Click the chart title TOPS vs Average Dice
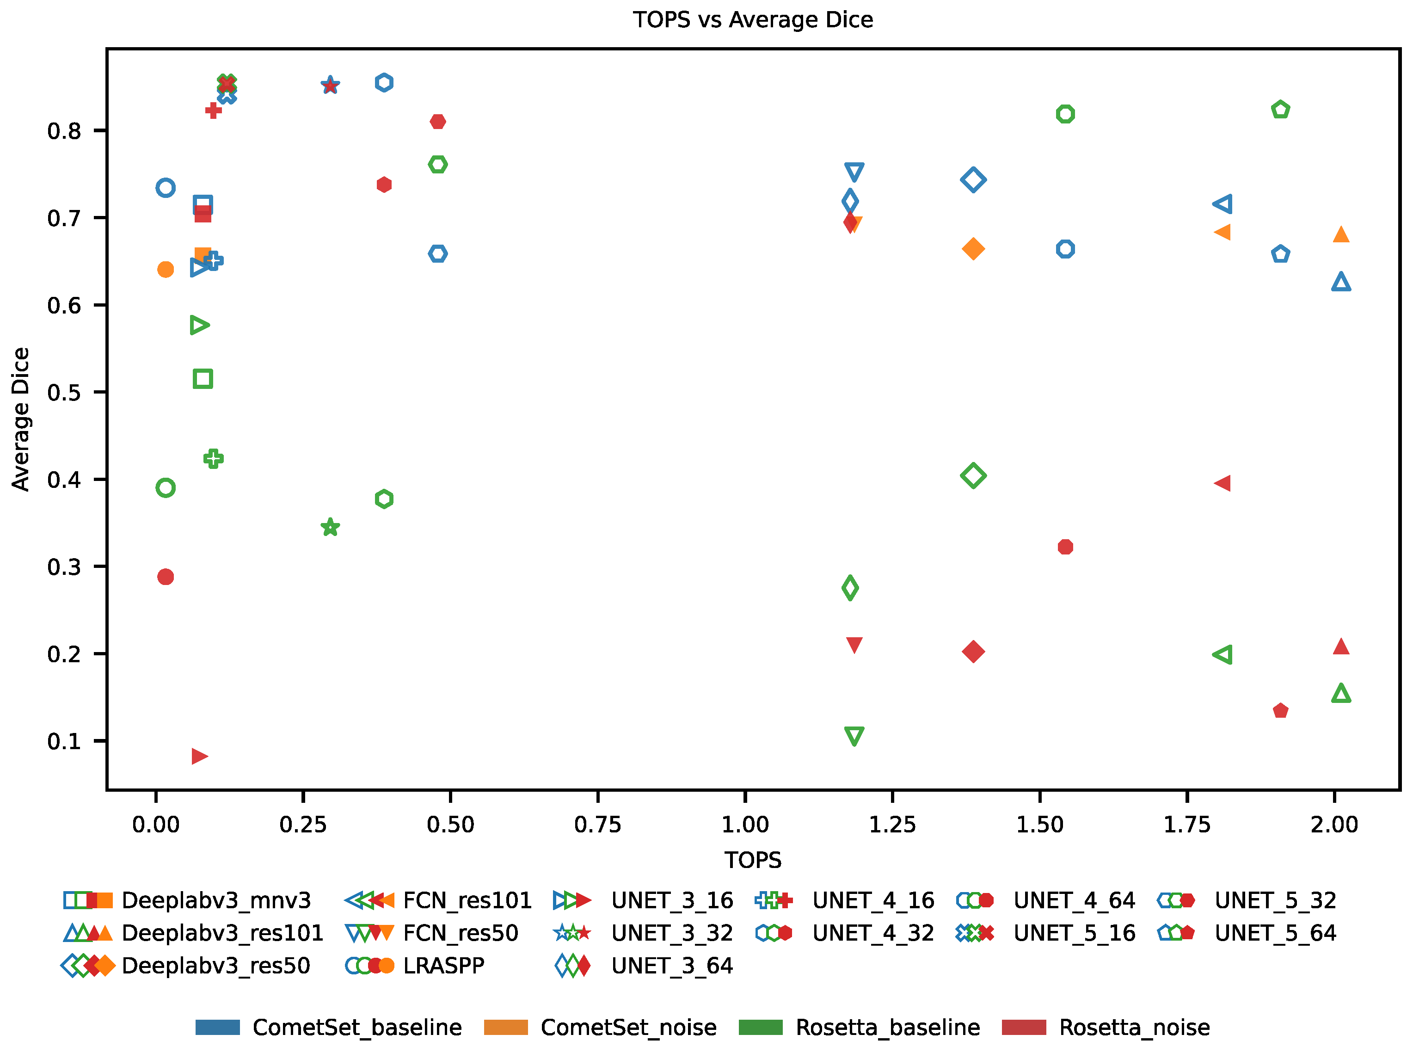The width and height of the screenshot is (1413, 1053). tap(753, 20)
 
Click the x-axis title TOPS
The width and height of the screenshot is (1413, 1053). tap(753, 861)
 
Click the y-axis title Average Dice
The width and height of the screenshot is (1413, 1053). tap(21, 419)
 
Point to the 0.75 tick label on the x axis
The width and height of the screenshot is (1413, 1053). tap(598, 825)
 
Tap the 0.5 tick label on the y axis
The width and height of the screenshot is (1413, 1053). tap(64, 393)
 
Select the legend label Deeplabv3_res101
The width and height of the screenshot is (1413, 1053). tap(222, 933)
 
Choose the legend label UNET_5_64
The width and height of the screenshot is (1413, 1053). tap(1275, 933)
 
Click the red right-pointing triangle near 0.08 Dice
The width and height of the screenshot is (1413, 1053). tap(199, 757)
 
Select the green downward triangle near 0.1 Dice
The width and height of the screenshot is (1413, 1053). tap(854, 736)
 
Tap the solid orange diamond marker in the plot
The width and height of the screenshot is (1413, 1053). tap(973, 249)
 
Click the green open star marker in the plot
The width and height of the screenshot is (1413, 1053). tap(330, 527)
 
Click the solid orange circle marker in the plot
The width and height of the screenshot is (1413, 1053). tap(166, 270)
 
